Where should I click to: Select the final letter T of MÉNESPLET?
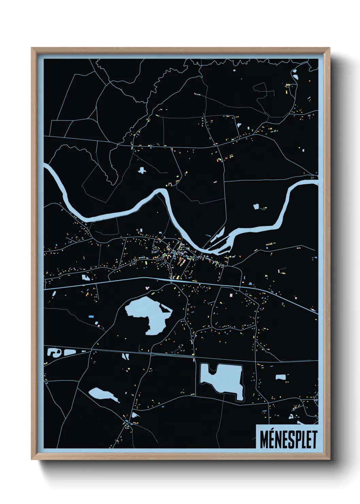(x=314, y=440)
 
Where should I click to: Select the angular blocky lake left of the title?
(x=222, y=378)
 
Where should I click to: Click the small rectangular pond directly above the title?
(x=281, y=377)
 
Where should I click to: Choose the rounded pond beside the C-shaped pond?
(x=69, y=352)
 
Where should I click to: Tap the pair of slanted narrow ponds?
(x=125, y=356)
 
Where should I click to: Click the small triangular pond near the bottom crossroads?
(x=135, y=415)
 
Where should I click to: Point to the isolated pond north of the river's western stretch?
(x=141, y=170)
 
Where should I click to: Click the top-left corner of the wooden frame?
(x=32, y=49)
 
